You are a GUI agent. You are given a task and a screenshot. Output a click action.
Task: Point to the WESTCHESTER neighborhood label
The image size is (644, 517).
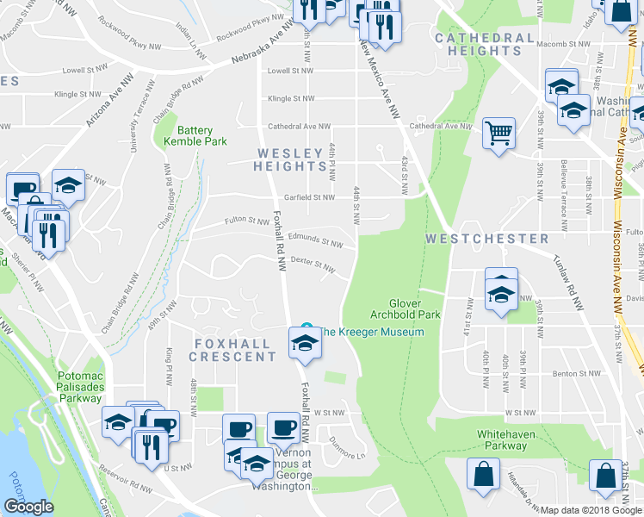[486, 238]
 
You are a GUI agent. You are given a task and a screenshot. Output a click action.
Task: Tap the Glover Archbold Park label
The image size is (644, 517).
[414, 309]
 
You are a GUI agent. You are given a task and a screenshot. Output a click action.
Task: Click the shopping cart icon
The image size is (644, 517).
[498, 134]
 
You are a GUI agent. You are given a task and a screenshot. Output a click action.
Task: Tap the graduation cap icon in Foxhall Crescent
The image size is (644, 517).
[304, 345]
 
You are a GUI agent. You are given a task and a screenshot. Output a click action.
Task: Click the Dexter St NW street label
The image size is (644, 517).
[312, 262]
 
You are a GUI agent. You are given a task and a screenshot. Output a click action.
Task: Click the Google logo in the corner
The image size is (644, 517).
[28, 507]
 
